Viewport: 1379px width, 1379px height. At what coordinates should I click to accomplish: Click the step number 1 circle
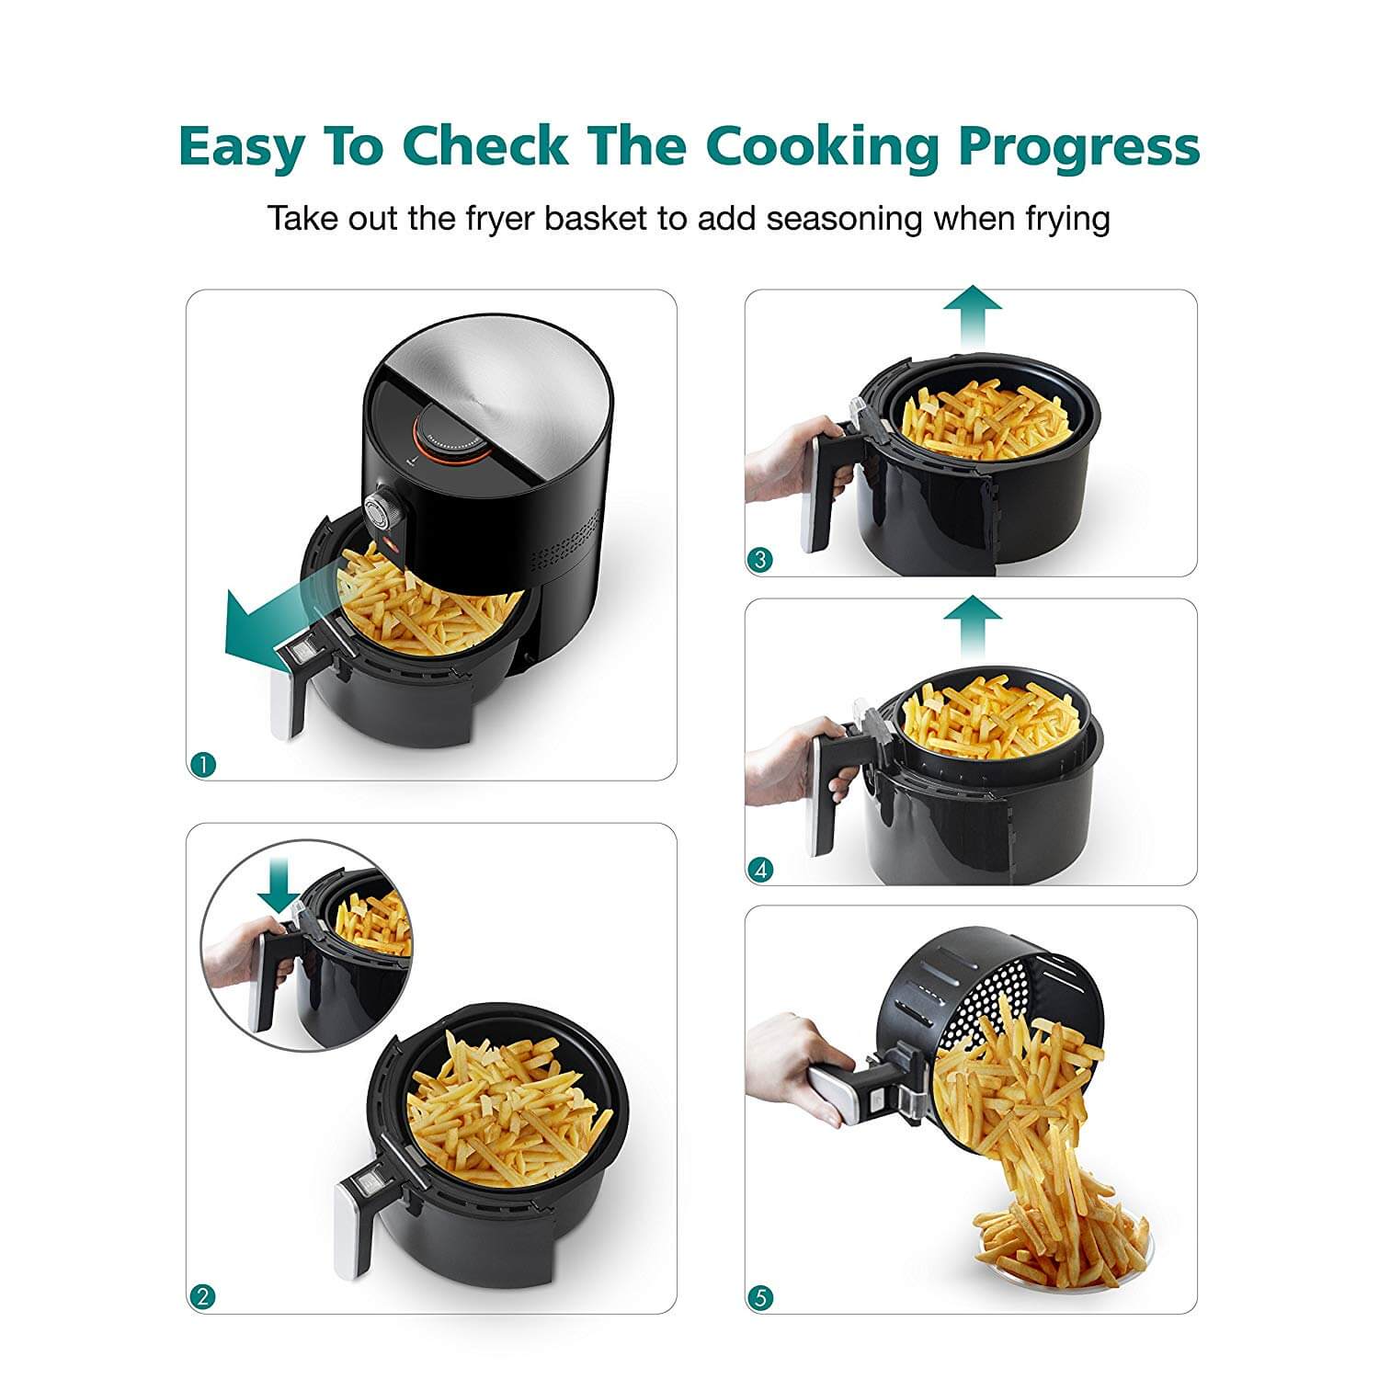coord(202,763)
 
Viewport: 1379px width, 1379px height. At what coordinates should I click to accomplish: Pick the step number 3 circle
coord(759,559)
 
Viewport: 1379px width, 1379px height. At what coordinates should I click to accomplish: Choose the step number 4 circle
coord(759,869)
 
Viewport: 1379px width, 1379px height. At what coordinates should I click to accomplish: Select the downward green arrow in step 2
coord(278,886)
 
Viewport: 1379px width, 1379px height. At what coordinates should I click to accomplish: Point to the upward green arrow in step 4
coord(974,629)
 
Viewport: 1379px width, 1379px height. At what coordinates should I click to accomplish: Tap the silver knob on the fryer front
coord(379,511)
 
